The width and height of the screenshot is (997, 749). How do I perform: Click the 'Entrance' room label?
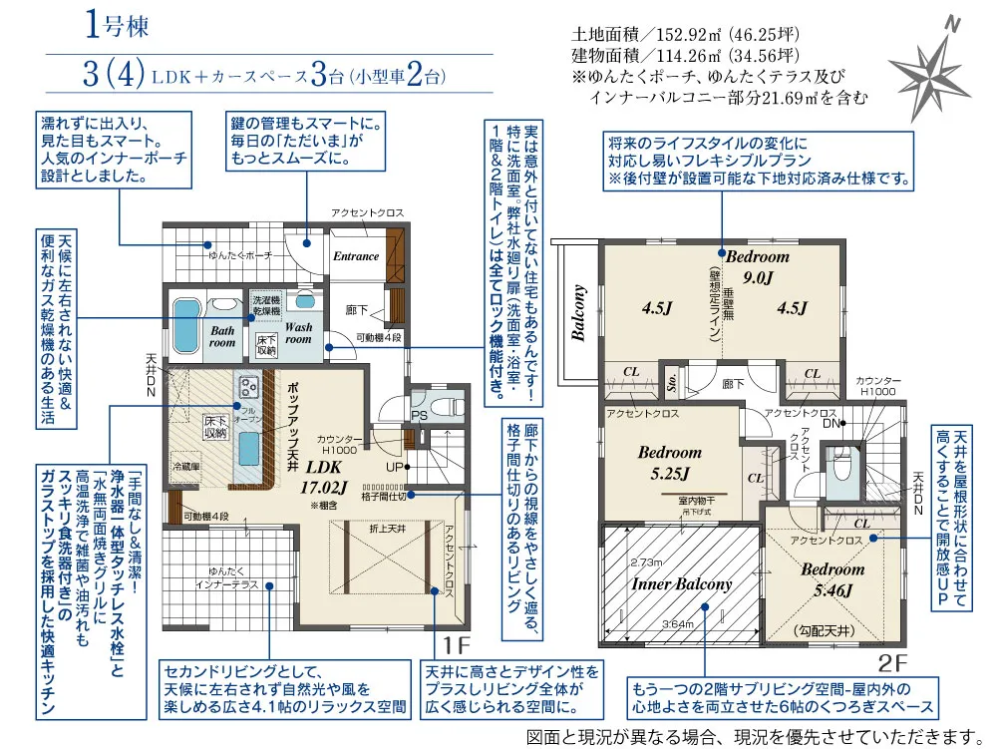coord(356,256)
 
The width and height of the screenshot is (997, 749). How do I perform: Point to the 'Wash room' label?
coord(298,332)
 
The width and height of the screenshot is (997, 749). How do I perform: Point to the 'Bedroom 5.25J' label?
coord(670,462)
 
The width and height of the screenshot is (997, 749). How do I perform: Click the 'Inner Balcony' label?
coord(682,584)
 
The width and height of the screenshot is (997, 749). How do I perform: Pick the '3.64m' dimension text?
coord(678,625)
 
